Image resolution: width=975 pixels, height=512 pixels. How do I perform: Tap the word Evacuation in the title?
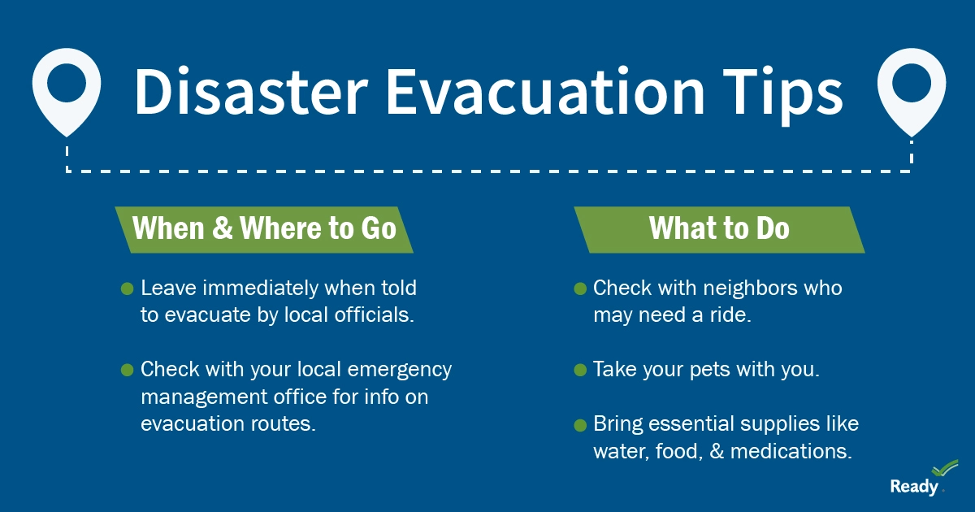[x=545, y=92]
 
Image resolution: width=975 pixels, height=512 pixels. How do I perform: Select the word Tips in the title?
[x=782, y=96]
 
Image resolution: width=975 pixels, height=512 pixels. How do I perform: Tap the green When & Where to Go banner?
[x=264, y=229]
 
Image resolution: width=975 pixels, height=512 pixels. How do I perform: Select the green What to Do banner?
[x=719, y=229]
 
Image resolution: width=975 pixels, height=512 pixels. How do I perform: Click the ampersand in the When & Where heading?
[x=223, y=228]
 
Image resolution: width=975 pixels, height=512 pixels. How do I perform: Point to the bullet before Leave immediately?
[x=127, y=289]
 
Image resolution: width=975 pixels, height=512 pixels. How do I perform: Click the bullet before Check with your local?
[x=127, y=370]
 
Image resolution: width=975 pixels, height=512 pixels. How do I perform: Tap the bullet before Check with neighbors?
[x=580, y=289]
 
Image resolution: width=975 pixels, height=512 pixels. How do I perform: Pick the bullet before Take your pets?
[x=580, y=370]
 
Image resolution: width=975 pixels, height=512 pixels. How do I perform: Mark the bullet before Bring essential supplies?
[x=580, y=424]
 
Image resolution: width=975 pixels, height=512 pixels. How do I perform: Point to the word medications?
[x=791, y=452]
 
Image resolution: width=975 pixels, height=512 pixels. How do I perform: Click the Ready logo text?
[x=914, y=487]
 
